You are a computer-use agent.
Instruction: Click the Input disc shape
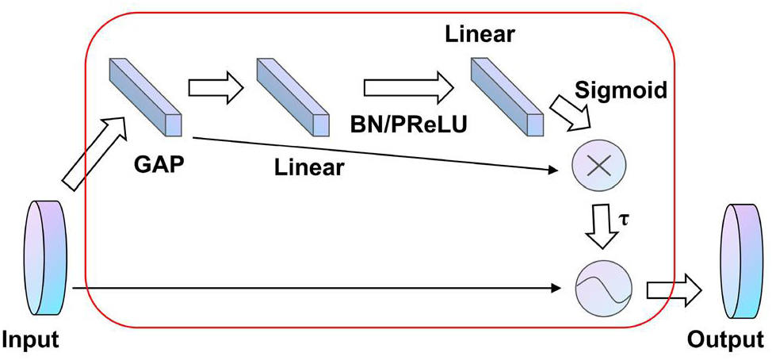46,258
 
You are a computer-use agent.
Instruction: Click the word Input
31,340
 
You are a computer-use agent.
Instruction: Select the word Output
726,339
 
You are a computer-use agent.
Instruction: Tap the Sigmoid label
621,90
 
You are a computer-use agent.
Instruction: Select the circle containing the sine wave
603,288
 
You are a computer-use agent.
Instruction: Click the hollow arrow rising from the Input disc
95,153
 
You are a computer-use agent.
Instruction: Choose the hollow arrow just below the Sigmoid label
571,114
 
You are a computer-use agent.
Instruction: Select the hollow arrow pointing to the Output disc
674,290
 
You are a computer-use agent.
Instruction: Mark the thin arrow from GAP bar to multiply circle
376,155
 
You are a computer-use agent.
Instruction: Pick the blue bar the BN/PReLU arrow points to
507,97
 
